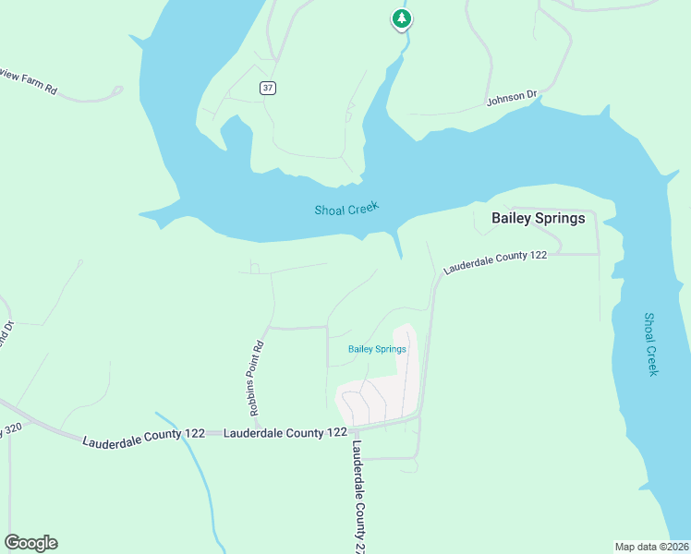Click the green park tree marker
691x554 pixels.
tap(400, 18)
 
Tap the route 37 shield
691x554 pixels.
tap(268, 88)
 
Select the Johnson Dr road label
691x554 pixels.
tap(512, 98)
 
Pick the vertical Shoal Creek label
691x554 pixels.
tap(650, 343)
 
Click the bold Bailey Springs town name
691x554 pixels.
tap(538, 219)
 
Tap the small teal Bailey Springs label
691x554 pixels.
tap(377, 349)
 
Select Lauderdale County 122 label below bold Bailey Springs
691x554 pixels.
tap(495, 262)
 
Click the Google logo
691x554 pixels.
tap(31, 543)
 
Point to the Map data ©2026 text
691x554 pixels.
tap(651, 547)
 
